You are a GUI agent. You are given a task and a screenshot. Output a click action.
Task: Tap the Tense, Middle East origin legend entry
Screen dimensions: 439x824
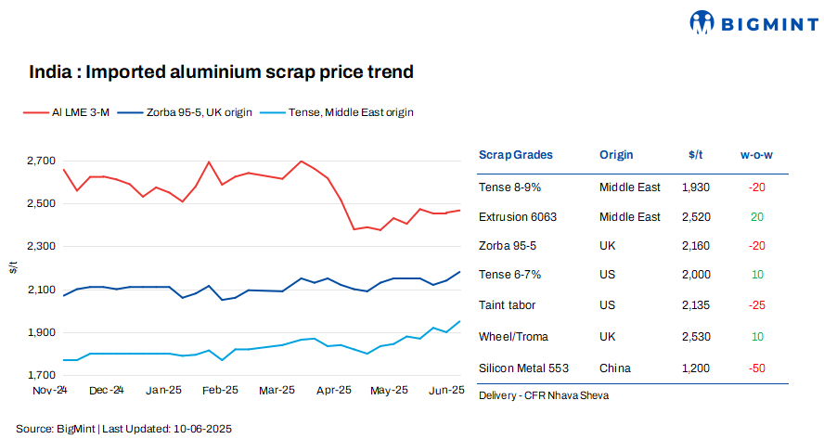pyautogui.click(x=338, y=112)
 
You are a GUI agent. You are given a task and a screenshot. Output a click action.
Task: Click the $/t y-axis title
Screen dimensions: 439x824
pyautogui.click(x=13, y=267)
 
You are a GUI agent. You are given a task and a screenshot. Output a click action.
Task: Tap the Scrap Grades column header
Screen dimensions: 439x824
pyautogui.click(x=515, y=155)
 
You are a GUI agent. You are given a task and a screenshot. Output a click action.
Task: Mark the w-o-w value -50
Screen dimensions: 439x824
pyautogui.click(x=756, y=368)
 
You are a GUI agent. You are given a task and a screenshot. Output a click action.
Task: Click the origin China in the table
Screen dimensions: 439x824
pyautogui.click(x=615, y=368)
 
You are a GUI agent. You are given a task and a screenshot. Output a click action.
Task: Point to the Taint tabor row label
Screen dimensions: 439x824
pyautogui.click(x=508, y=304)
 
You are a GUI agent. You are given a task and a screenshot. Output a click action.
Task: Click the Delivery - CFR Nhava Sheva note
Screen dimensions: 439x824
pyautogui.click(x=544, y=395)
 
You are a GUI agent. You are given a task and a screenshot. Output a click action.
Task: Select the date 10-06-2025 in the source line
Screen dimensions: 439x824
pyautogui.click(x=200, y=429)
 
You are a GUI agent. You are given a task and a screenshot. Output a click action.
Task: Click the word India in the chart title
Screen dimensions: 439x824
pyautogui.click(x=46, y=71)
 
